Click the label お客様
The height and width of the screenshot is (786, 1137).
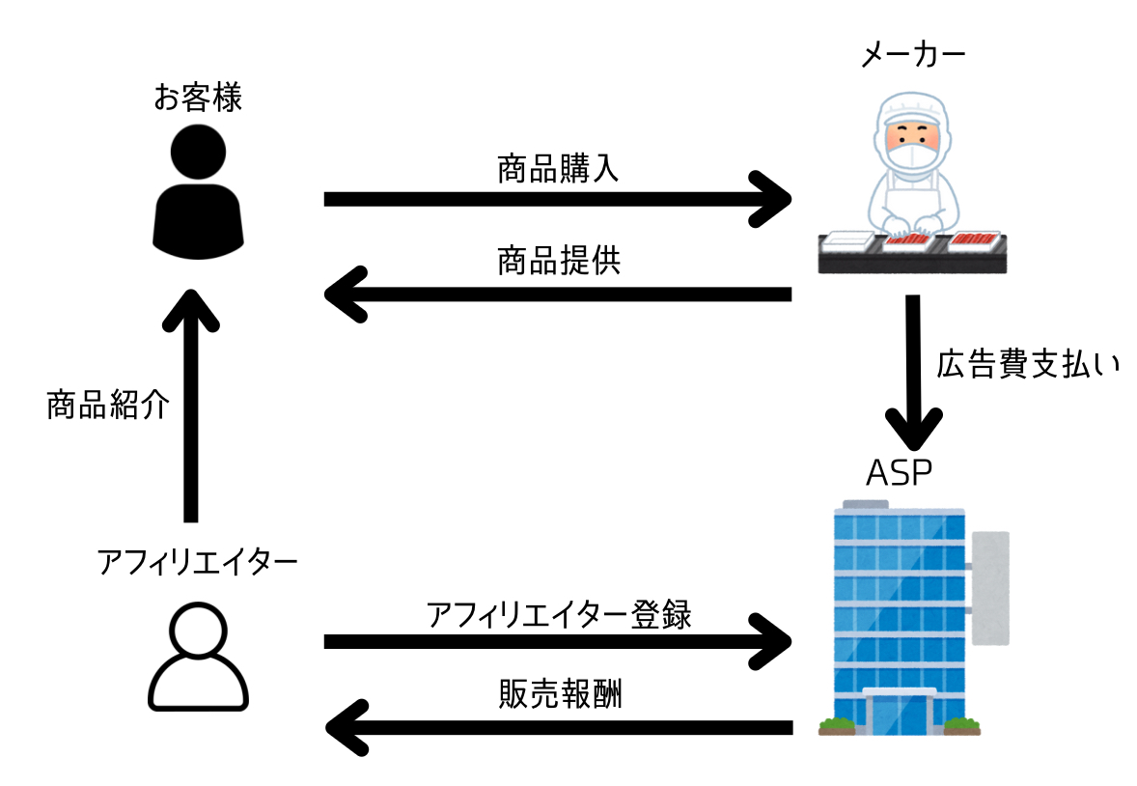(198, 97)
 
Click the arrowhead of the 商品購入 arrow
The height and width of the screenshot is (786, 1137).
(772, 199)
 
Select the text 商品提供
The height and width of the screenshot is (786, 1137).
(558, 262)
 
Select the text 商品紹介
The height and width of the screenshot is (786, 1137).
(108, 406)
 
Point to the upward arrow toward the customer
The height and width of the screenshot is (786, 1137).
(190, 406)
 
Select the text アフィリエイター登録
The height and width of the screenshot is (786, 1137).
(558, 613)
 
